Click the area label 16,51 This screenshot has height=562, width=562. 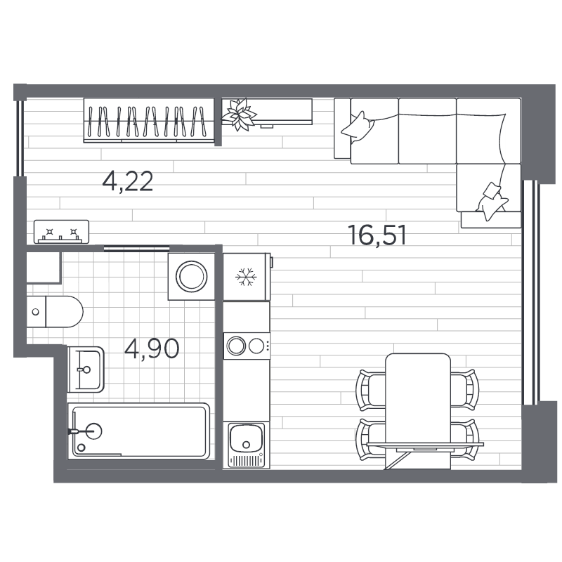tap(377, 235)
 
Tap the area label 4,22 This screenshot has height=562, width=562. tap(128, 181)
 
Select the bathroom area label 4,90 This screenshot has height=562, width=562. tap(152, 348)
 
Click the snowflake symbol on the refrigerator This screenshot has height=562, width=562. tap(246, 277)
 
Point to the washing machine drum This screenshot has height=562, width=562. tap(191, 276)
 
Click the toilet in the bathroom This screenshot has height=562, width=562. tap(55, 311)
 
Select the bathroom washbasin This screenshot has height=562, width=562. tap(86, 370)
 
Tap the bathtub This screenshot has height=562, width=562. tap(138, 431)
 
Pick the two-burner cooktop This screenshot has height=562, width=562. tap(247, 346)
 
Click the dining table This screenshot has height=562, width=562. tap(418, 411)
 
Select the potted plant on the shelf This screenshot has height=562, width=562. tap(239, 115)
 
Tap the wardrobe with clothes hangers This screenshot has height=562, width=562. tap(149, 120)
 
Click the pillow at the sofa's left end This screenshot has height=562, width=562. tap(358, 128)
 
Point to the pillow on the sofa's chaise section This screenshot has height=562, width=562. tap(492, 201)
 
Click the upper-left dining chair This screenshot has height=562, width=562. tap(371, 391)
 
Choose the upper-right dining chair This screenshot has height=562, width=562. tap(464, 389)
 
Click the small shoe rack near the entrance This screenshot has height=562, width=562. tap(61, 232)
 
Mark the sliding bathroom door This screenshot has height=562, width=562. tap(136, 248)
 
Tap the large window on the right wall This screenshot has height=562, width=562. tap(530, 292)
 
